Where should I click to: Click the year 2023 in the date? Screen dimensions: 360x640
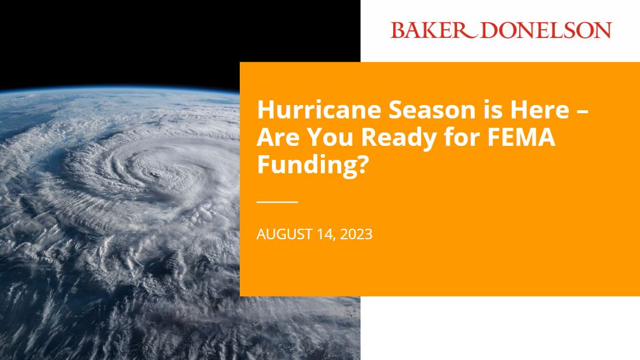click(x=355, y=235)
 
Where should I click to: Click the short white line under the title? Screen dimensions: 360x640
click(x=277, y=201)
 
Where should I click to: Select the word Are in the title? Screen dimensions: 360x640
click(x=278, y=138)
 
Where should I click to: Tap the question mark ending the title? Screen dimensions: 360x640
click(x=363, y=165)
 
